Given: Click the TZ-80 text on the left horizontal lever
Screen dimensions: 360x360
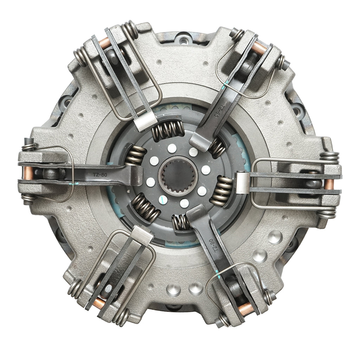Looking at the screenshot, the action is point(100,175).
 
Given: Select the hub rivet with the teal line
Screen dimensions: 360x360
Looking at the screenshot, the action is point(163,200).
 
